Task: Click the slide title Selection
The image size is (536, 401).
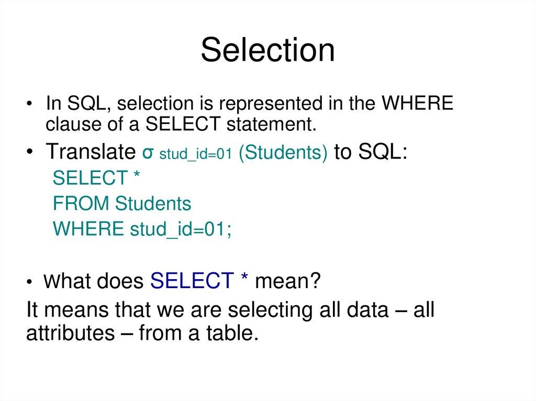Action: click(x=267, y=51)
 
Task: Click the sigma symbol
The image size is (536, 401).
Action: click(x=148, y=153)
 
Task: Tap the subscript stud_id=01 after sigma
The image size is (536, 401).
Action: click(x=195, y=155)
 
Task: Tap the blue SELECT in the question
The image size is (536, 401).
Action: click(x=191, y=282)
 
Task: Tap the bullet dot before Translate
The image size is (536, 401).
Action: click(x=32, y=153)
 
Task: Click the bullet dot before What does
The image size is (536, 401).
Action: click(x=32, y=283)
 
